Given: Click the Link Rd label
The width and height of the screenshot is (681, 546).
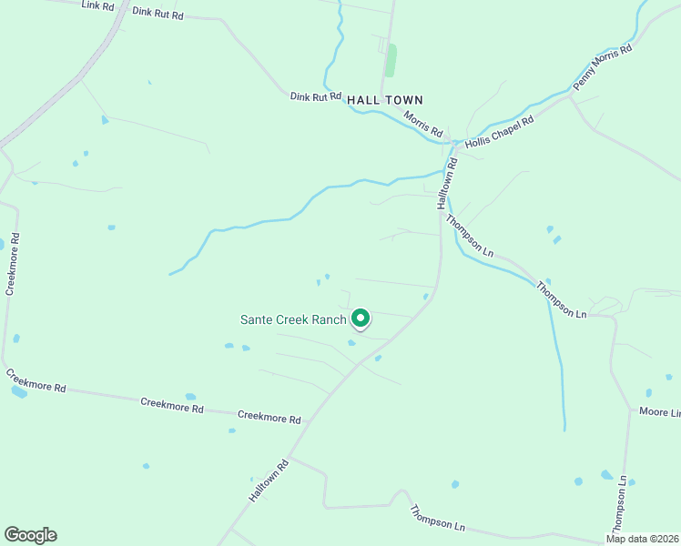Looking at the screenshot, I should tap(97, 5).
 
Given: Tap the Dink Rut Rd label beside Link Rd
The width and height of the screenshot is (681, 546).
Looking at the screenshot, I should tap(158, 14).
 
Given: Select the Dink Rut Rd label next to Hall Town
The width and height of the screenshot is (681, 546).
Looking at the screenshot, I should tap(315, 96).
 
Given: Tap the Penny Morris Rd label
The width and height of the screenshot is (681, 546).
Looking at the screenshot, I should tap(602, 68).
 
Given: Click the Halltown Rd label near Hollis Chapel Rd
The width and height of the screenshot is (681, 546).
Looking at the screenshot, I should tap(447, 182).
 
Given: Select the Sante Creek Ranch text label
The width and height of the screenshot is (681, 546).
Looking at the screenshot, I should tap(293, 319).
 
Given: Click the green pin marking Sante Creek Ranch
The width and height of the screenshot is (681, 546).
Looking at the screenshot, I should tap(361, 318).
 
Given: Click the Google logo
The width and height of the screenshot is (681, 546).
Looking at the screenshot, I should tap(30, 535).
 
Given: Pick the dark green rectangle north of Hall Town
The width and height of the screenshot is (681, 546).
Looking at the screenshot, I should tap(391, 60).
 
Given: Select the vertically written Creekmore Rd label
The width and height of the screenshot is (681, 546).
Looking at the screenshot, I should tap(13, 263).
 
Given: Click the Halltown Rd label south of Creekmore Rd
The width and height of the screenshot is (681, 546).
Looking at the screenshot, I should tap(269, 480).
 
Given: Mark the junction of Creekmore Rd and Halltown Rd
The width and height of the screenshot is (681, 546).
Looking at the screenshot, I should tap(309, 421).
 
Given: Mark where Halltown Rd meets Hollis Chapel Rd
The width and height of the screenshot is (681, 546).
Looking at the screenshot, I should tap(453, 144).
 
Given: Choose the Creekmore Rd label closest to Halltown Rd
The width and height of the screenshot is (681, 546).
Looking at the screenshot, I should tap(269, 418).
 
